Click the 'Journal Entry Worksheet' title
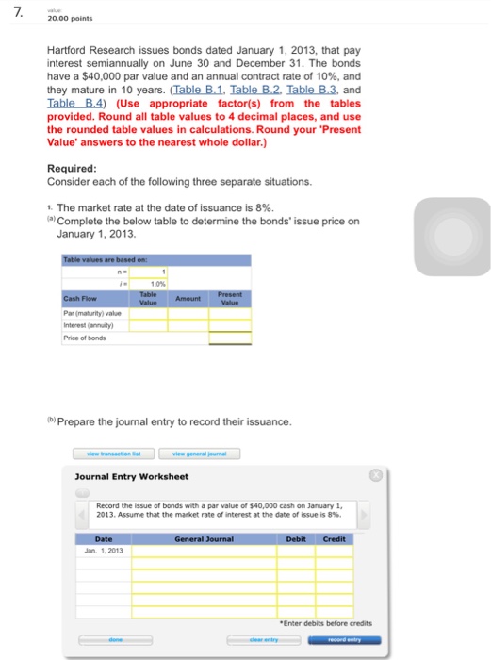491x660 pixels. click(x=132, y=476)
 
